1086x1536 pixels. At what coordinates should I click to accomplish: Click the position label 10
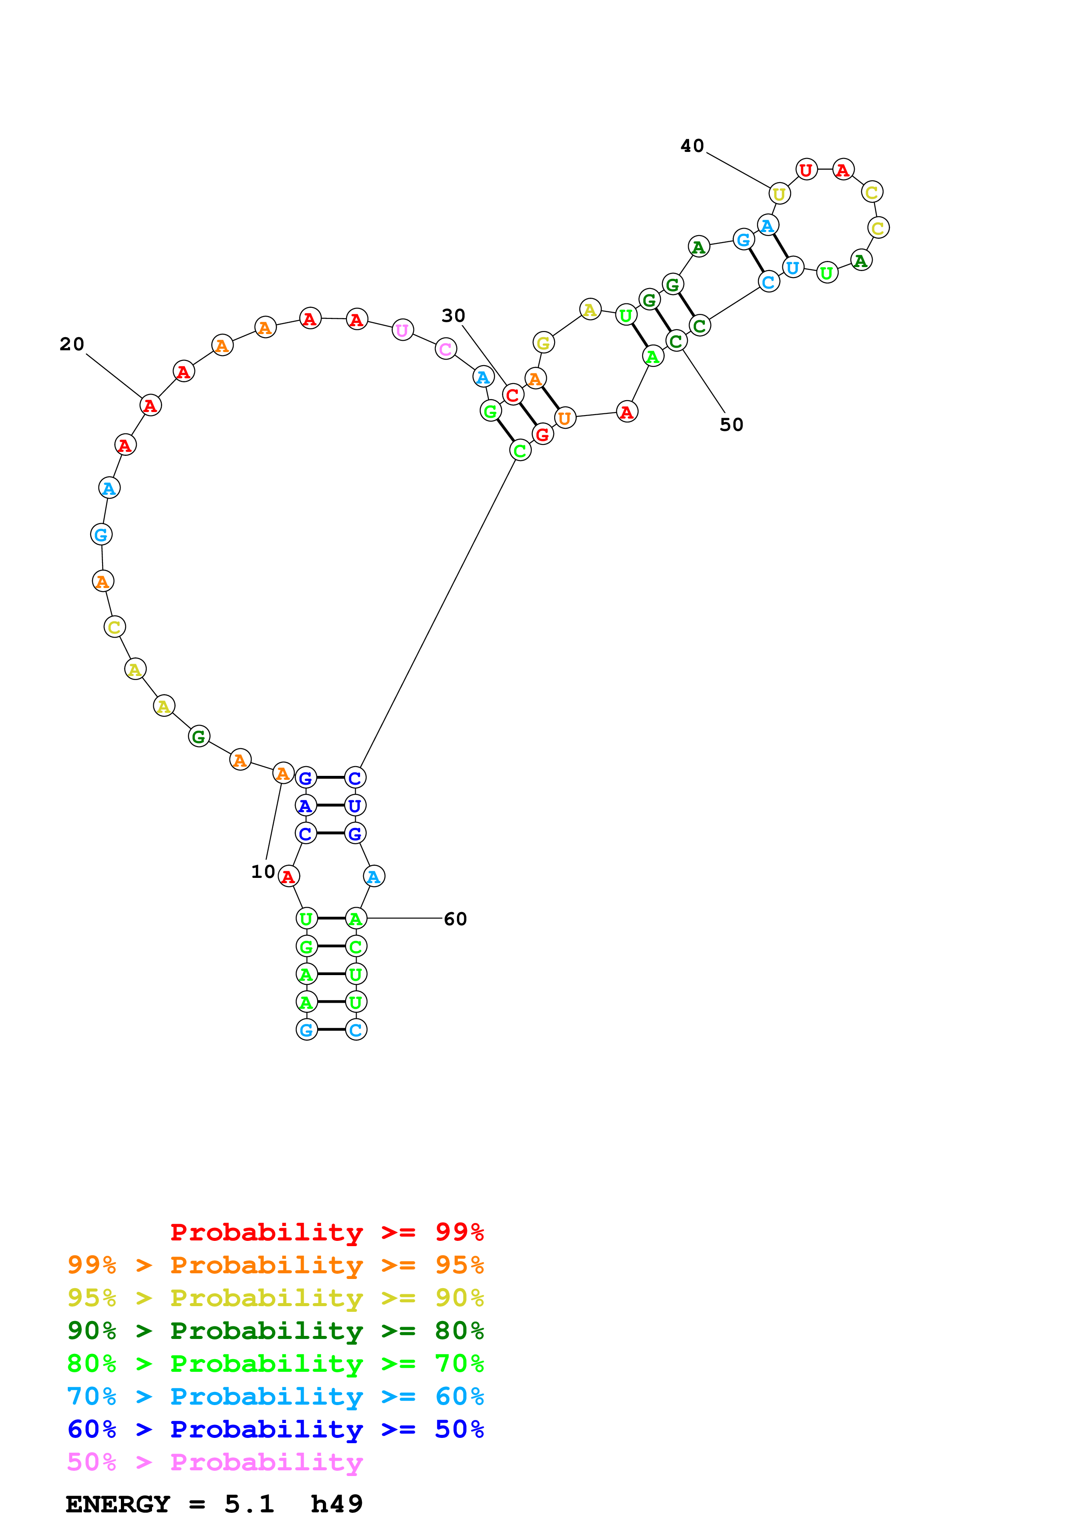[x=263, y=872]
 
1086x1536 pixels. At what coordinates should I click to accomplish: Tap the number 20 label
[x=71, y=345]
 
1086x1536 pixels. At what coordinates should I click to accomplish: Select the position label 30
[x=453, y=316]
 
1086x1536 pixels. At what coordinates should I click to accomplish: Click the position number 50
[x=731, y=425]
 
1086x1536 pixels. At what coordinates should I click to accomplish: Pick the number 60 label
[x=455, y=919]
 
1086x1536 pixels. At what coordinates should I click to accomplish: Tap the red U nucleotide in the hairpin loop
[x=807, y=170]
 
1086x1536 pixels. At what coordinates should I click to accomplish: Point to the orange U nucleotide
[x=565, y=418]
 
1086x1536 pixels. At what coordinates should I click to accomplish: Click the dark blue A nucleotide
[x=306, y=806]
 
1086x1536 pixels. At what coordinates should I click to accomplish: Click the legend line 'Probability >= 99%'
[x=326, y=1232]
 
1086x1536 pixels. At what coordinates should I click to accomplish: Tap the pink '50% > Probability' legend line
[x=214, y=1462]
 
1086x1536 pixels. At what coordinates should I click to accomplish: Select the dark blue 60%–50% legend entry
[x=275, y=1429]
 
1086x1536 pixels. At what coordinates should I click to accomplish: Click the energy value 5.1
[x=249, y=1504]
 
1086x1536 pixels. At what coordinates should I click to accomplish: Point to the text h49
[x=336, y=1504]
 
